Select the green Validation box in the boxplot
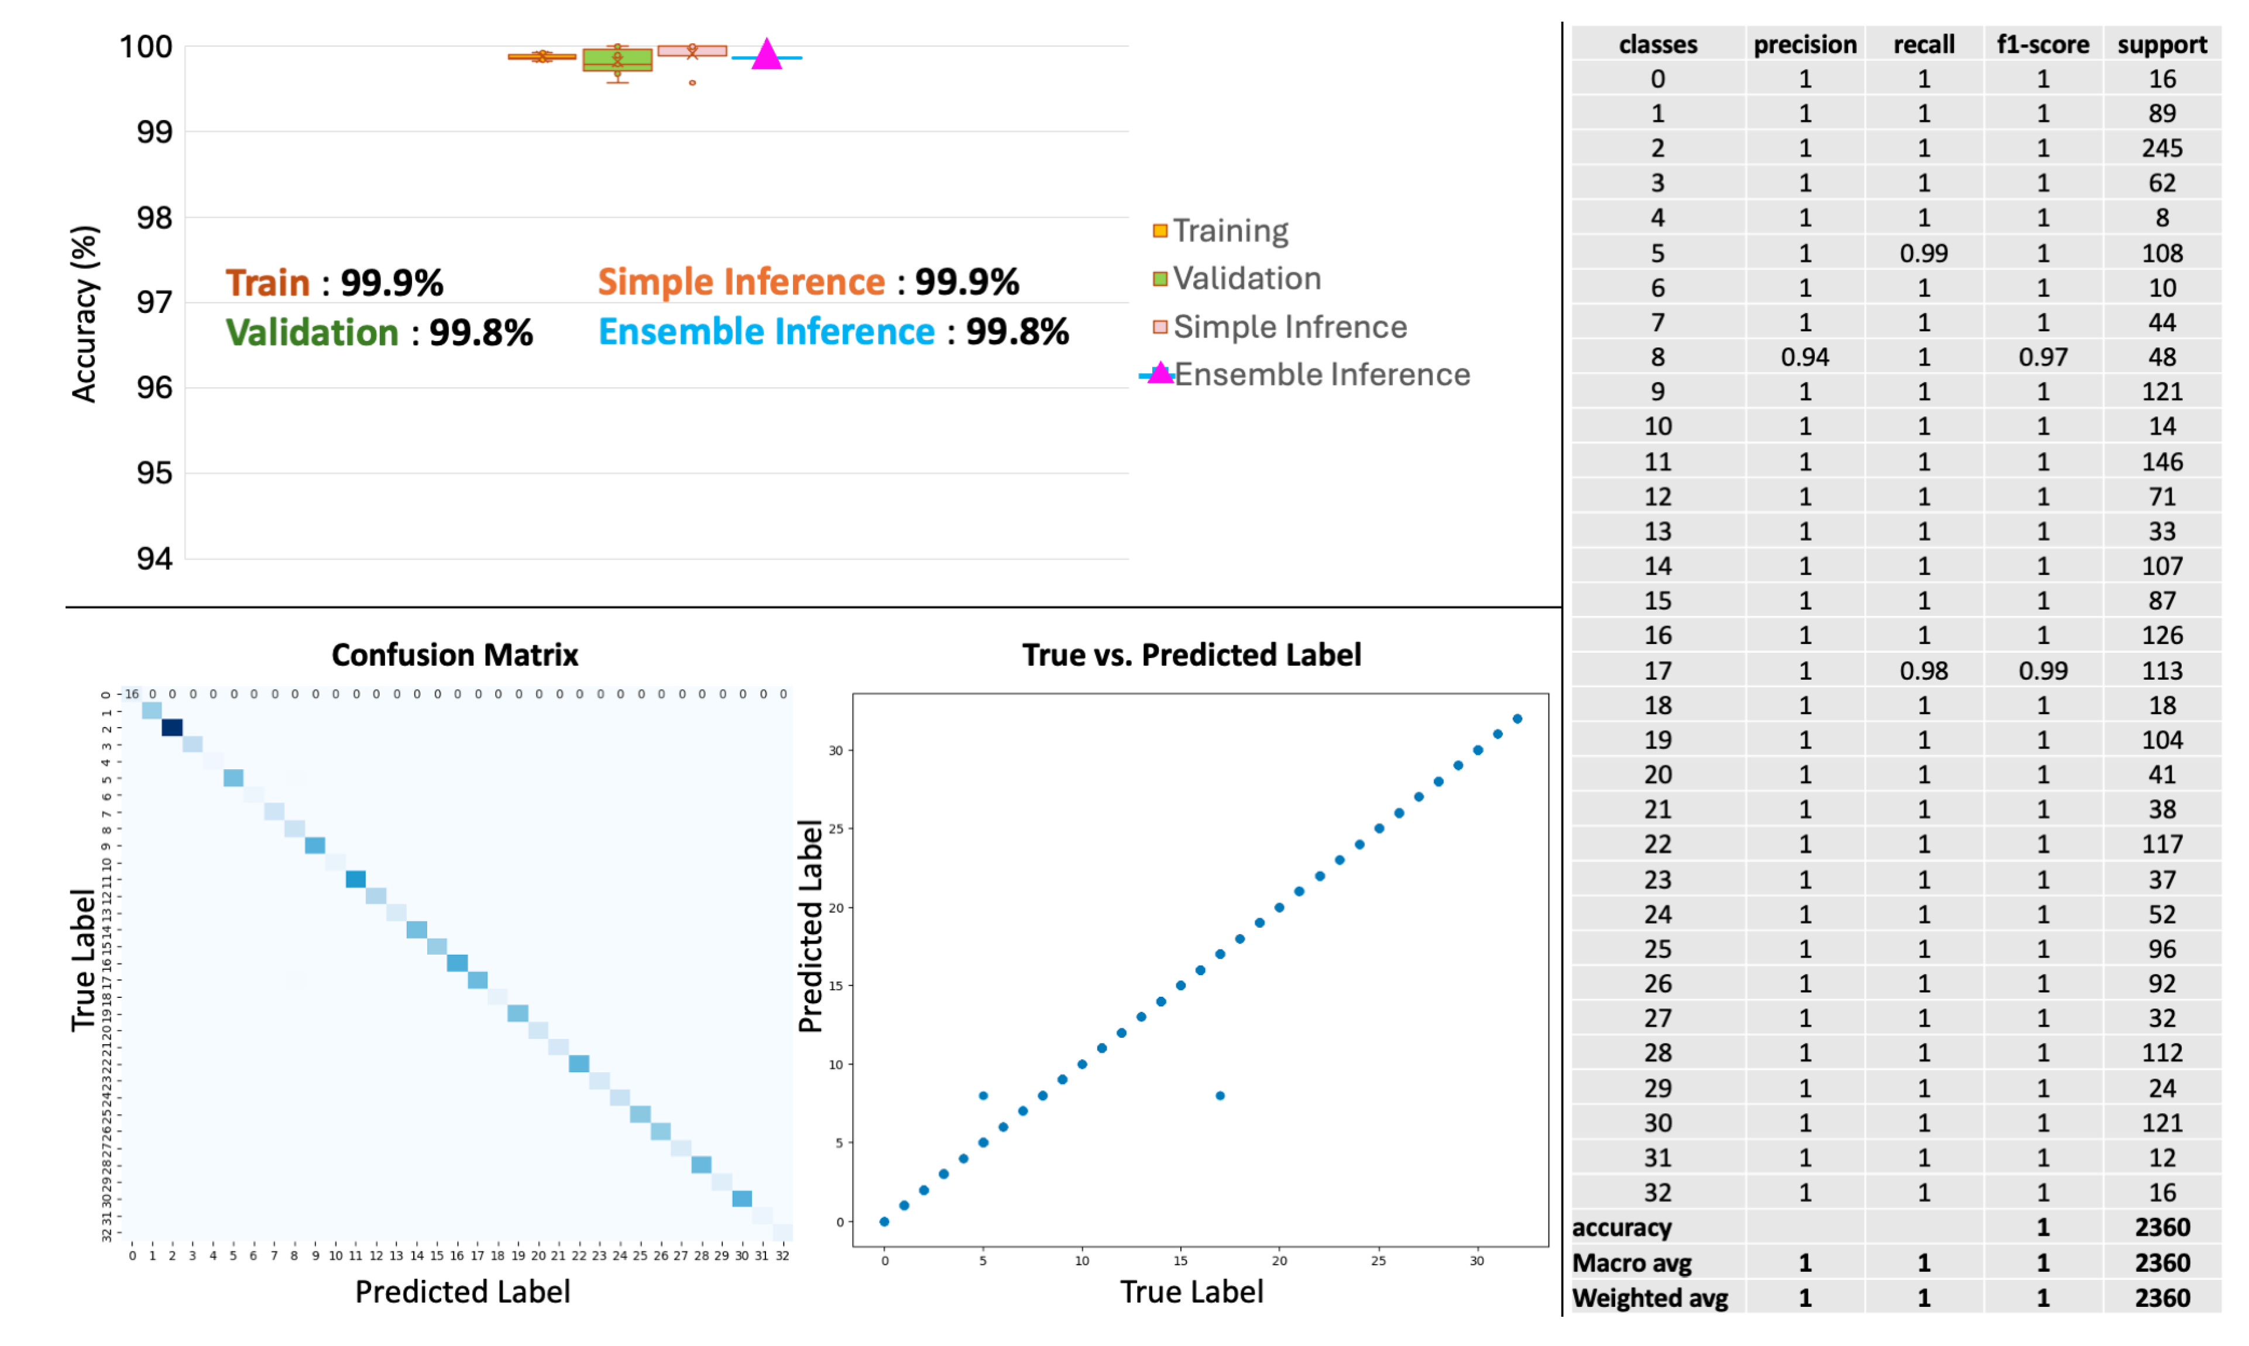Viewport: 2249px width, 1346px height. tap(617, 60)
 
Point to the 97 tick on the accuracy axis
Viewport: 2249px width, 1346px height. tap(154, 302)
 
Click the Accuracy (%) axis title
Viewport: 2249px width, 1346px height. tap(84, 313)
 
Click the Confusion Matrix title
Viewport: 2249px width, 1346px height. tap(455, 654)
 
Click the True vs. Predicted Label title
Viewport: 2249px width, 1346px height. tap(1190, 654)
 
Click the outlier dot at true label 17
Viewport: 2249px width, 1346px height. tap(1220, 1096)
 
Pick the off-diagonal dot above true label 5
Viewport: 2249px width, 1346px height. tap(983, 1096)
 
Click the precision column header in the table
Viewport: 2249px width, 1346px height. tap(1804, 44)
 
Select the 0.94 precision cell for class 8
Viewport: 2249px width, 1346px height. tap(1804, 357)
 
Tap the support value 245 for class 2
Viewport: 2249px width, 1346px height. tap(2161, 148)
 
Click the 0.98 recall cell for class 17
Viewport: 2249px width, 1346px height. tap(1923, 670)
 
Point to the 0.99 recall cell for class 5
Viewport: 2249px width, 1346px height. tap(1923, 253)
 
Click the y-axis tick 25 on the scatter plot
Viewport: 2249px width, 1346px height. tap(836, 828)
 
